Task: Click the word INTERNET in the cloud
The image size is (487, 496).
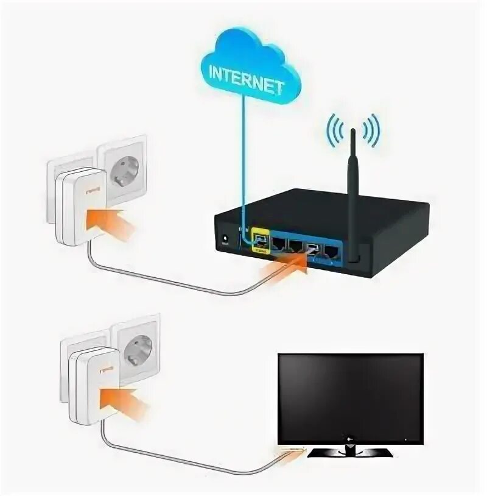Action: click(x=246, y=77)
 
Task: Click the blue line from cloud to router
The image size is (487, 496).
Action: click(x=245, y=158)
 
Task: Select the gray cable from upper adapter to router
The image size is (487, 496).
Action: click(x=177, y=284)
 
